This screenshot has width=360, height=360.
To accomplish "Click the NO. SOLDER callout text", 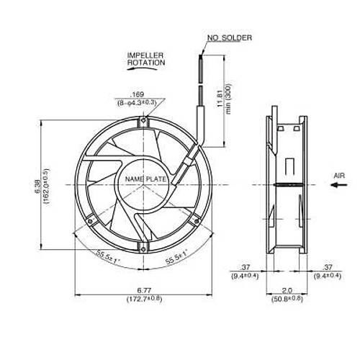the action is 230,38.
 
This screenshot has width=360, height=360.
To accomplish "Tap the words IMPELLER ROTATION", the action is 146,59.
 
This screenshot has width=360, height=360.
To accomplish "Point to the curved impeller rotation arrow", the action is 142,68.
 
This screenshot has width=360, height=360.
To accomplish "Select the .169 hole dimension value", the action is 138,94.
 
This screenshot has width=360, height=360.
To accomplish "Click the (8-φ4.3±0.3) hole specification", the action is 137,103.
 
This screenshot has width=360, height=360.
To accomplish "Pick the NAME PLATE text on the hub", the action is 145,179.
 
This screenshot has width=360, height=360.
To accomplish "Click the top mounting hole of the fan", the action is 143,120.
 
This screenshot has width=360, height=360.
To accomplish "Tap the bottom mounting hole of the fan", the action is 143,249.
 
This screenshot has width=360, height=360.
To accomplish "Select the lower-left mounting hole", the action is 90,221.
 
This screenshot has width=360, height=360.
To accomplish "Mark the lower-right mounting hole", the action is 197,221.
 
